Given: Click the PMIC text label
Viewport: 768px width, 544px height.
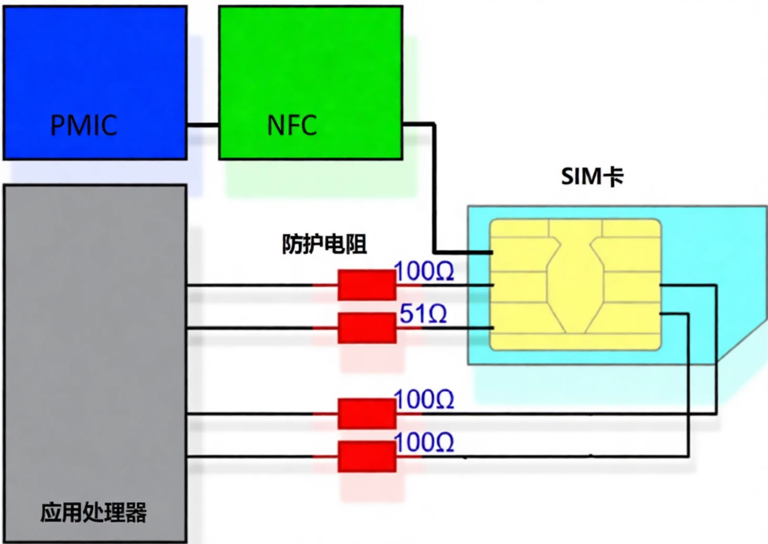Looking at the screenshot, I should tap(83, 125).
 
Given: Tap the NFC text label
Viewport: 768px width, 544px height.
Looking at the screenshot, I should tap(292, 125).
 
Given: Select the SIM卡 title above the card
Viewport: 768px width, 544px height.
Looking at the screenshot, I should tap(592, 177).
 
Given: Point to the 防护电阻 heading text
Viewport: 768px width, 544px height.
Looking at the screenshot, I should tap(324, 244).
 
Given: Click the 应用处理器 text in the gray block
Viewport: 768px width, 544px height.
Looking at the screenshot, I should tap(93, 512).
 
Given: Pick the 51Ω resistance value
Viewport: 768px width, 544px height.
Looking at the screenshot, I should tap(423, 314).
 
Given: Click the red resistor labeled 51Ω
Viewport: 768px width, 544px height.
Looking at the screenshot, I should tap(366, 328).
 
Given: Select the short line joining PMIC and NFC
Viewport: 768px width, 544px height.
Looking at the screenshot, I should tap(203, 125).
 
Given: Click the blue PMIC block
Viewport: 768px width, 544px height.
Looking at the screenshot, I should tap(95, 63).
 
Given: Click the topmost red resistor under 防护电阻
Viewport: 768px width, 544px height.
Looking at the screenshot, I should tap(366, 285).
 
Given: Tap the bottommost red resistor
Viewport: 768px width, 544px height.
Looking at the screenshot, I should tap(366, 456).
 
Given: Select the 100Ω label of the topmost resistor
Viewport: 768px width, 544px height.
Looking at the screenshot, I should tap(423, 271).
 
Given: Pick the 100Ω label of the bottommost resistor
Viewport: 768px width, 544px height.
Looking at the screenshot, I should tap(423, 443).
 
